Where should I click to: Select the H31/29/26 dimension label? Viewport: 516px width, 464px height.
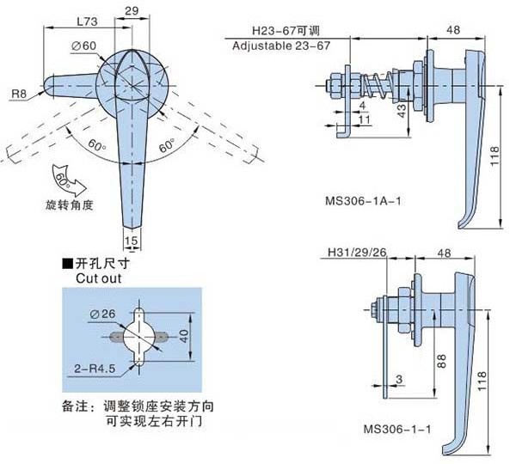point(354,253)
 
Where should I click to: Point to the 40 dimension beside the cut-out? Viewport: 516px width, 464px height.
point(182,334)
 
